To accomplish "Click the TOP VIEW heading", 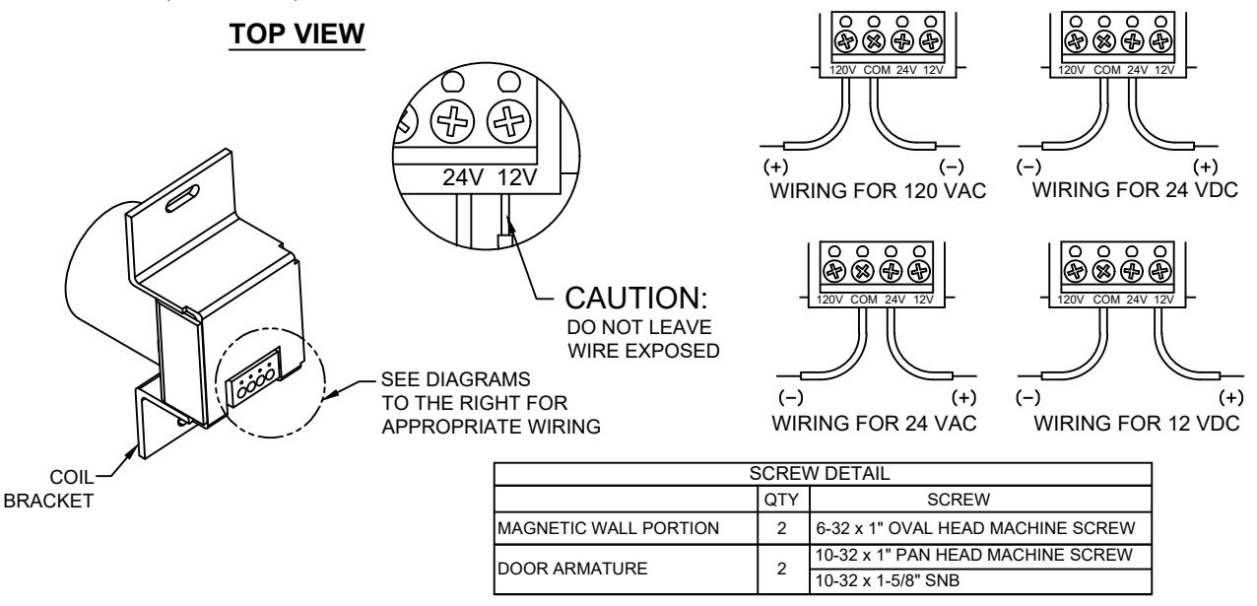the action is [x=297, y=34].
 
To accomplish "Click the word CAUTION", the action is [x=635, y=298].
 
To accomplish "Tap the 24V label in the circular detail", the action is [x=462, y=177].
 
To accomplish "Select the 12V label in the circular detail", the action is [x=517, y=177].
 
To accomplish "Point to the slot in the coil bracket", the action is [x=182, y=198].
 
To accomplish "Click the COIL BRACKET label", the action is [x=49, y=489].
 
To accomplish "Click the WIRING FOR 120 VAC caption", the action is [x=878, y=191].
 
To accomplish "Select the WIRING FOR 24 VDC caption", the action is [x=1135, y=189].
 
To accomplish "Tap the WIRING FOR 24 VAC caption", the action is [x=875, y=423].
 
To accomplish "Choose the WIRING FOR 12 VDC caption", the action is [x=1137, y=423].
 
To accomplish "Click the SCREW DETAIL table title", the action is [x=820, y=474].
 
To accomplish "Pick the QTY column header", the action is [x=781, y=500].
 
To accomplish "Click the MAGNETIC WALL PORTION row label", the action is [x=608, y=528].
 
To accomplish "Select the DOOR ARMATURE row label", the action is [x=572, y=569].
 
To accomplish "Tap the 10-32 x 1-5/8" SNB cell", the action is [x=888, y=580].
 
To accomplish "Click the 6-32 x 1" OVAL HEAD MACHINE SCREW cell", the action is [x=975, y=528].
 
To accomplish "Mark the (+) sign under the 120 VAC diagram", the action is [x=775, y=167].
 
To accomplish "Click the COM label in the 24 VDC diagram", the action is [x=1106, y=70].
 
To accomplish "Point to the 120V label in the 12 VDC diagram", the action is [x=1070, y=300].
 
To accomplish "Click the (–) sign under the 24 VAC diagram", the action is [x=791, y=397].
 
